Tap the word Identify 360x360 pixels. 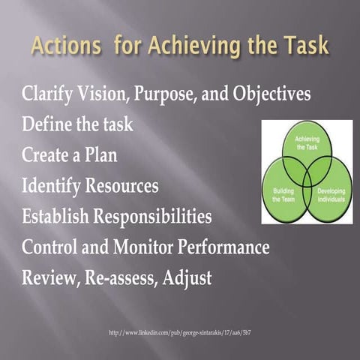[56, 185]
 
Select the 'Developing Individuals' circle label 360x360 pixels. [330, 195]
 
